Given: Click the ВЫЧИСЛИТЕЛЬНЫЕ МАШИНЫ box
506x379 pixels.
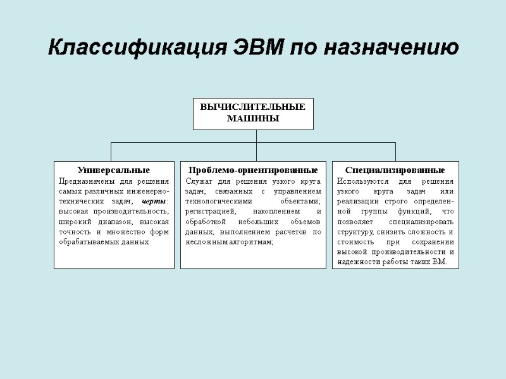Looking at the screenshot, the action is tap(253, 114).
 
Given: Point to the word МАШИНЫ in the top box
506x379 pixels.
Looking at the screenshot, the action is tap(253, 119).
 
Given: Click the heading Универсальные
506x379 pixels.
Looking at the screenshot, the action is tap(114, 171).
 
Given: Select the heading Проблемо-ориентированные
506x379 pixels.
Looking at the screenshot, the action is tap(253, 171).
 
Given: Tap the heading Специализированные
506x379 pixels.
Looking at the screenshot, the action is tap(395, 171).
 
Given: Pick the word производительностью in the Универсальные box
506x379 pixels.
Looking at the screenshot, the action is tap(131, 211).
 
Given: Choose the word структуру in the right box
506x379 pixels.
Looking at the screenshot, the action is tap(356, 231).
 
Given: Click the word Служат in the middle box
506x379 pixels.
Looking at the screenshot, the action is tap(199, 181).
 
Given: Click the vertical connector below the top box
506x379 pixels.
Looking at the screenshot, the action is tap(256, 136).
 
